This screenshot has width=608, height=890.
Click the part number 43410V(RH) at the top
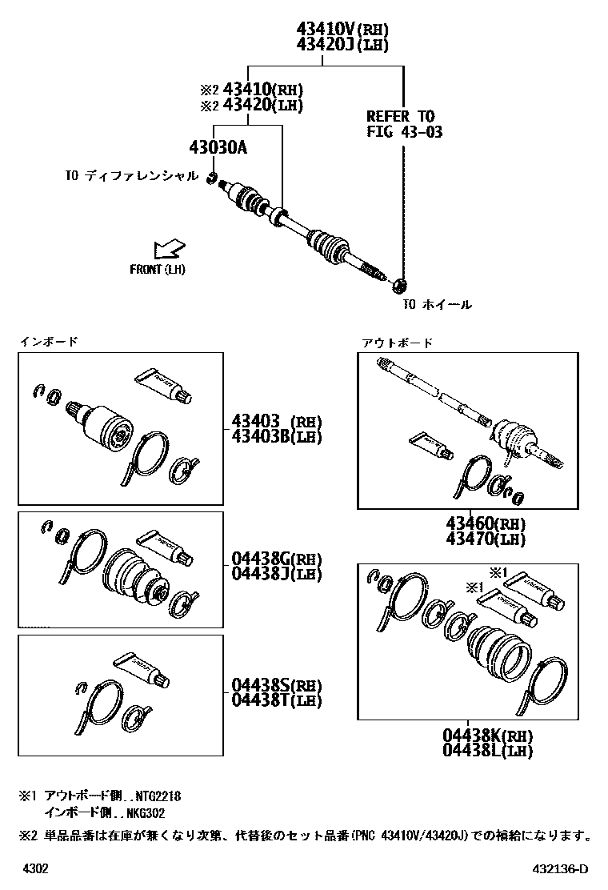coord(342,30)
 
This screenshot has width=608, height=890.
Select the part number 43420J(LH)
coord(342,45)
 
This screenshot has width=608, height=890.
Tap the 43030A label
coord(218,148)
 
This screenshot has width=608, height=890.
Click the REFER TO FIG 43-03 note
coord(404,124)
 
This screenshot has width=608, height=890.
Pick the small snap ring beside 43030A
coord(212,177)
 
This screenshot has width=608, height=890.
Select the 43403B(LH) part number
coord(276,435)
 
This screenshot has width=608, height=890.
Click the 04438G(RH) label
coord(276,559)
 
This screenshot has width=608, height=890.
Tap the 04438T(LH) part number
coord(276,700)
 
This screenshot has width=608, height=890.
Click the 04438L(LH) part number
coord(487,751)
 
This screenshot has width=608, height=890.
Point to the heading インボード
coord(49,342)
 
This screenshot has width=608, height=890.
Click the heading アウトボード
coord(398,343)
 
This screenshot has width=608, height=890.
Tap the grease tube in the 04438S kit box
coord(142,670)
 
